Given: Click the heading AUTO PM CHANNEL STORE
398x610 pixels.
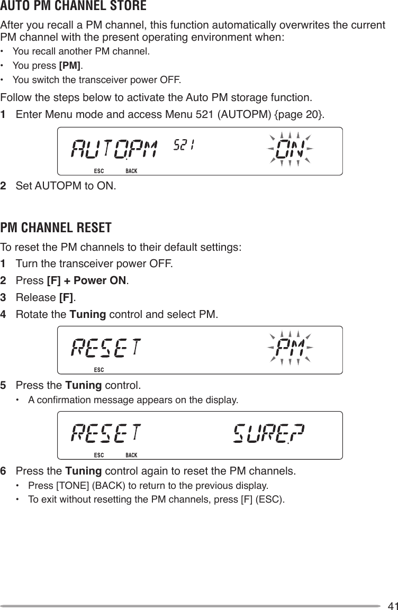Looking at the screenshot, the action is coord(74,7).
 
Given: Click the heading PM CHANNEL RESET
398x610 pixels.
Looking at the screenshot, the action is coord(56,228).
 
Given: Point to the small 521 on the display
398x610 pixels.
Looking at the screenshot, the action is coord(184,144).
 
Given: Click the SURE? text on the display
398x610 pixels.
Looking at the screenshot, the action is coord(268,433).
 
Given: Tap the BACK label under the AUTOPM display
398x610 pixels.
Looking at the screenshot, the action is coord(131,171).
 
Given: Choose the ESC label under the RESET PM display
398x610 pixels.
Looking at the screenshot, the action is coord(98,369).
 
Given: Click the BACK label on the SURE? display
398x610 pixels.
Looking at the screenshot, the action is coord(131,455).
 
